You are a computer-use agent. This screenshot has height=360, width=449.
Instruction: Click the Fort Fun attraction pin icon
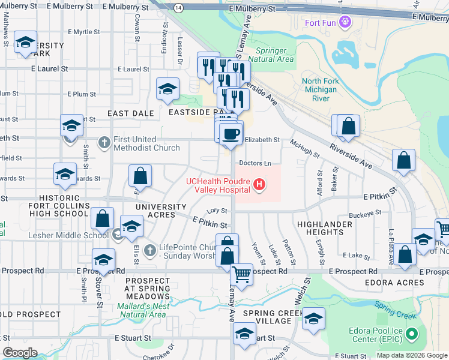coord(345,23)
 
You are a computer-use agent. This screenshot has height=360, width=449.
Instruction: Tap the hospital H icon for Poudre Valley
coord(259,184)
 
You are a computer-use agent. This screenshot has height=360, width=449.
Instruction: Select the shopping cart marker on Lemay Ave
coord(242,275)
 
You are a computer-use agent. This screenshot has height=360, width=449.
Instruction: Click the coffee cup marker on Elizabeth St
coord(231,134)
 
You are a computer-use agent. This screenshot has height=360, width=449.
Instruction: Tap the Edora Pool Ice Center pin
coord(411,334)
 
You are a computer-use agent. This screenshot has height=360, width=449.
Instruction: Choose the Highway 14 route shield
coord(179,7)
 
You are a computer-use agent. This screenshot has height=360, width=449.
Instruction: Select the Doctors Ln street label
coord(255,163)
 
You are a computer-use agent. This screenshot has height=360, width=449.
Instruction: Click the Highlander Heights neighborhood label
coord(320,228)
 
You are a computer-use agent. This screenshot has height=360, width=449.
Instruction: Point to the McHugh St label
coord(305,148)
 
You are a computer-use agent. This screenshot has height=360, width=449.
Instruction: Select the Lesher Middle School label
coord(68,235)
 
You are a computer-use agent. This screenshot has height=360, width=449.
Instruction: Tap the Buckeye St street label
coord(365,212)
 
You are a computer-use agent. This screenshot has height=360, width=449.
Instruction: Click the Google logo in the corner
coord(20,353)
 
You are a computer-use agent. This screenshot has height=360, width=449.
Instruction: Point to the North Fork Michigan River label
coord(321,89)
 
